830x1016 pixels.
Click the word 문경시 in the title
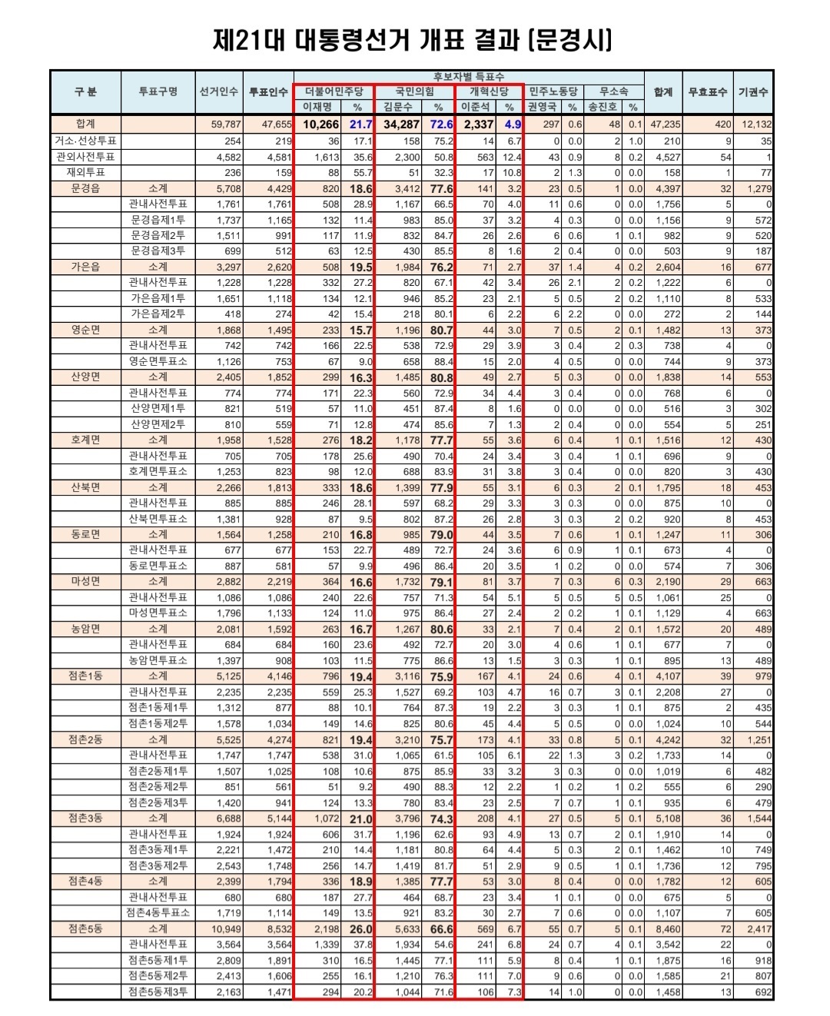coord(573,39)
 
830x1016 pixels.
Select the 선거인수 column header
coord(219,92)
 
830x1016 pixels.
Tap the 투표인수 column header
coord(268,92)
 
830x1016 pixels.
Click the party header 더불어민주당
coord(334,91)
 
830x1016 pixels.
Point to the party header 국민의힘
coord(415,91)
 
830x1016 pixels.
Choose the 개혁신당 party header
coord(490,91)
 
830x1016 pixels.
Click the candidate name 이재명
coord(317,107)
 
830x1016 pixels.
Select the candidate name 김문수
coord(398,107)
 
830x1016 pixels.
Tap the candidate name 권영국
coord(543,107)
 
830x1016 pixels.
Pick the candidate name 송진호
coord(603,107)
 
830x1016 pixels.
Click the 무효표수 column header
coord(707,92)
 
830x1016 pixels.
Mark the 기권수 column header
coord(753,92)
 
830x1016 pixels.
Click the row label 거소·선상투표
coord(85,141)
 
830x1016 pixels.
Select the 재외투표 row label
coord(85,173)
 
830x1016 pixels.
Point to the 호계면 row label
coord(85,440)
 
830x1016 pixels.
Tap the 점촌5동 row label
coord(85,928)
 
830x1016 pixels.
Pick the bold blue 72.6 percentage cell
coord(442,125)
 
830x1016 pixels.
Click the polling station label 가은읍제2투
coord(158,314)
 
